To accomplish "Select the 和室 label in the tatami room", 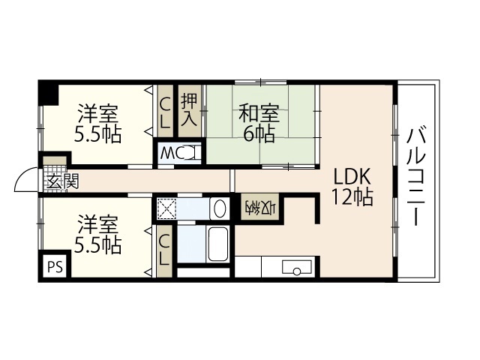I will click(x=259, y=115).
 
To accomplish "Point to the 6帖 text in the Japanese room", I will click(x=259, y=134).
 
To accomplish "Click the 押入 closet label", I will click(x=189, y=112).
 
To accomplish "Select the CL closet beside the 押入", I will click(x=164, y=112).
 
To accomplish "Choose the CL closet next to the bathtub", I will click(x=164, y=250).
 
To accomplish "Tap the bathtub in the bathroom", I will click(x=217, y=243).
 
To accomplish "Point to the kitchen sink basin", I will click(x=296, y=268).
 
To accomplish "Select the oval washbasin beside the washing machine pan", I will click(x=218, y=208).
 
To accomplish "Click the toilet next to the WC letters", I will click(x=191, y=154).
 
